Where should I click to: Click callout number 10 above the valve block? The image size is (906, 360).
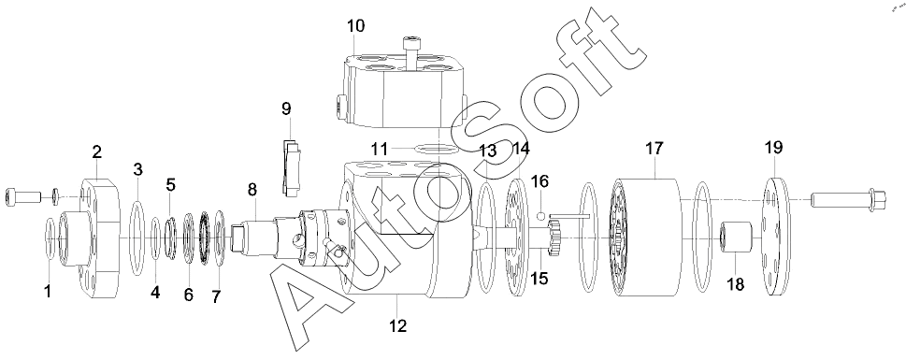click(356, 26)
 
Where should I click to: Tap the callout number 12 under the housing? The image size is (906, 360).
click(397, 326)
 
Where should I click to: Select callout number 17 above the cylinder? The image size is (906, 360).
click(654, 149)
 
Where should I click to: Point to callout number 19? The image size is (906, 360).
click(773, 148)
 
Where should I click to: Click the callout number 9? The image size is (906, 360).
click(287, 108)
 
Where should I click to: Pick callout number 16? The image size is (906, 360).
click(539, 181)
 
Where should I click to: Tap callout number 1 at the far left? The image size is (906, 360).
click(48, 291)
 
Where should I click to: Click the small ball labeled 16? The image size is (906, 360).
click(541, 216)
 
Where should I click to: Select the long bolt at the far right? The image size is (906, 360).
click(844, 199)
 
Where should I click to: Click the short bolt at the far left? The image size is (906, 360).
click(23, 196)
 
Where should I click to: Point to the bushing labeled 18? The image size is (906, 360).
click(736, 237)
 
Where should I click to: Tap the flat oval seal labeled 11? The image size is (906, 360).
click(437, 149)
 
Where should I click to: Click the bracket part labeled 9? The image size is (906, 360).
click(291, 166)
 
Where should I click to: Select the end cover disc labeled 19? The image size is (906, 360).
click(778, 237)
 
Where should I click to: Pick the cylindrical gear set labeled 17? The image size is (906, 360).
click(645, 238)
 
